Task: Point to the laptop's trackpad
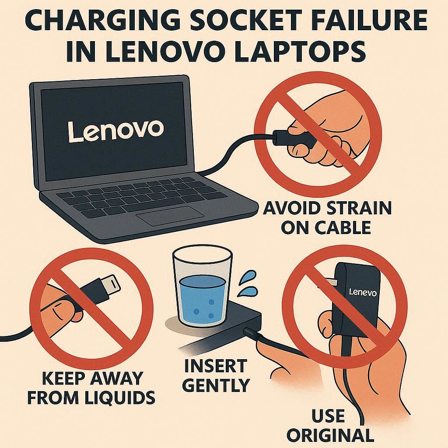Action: pyautogui.click(x=170, y=215)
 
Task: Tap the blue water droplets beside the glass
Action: pyautogui.click(x=247, y=283)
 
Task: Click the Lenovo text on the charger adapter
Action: pyautogui.click(x=363, y=292)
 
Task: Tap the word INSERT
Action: pyautogui.click(x=216, y=365)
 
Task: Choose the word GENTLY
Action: pyautogui.click(x=216, y=385)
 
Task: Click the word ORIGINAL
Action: pyautogui.click(x=330, y=435)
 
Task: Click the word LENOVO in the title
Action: pyautogui.click(x=171, y=52)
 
